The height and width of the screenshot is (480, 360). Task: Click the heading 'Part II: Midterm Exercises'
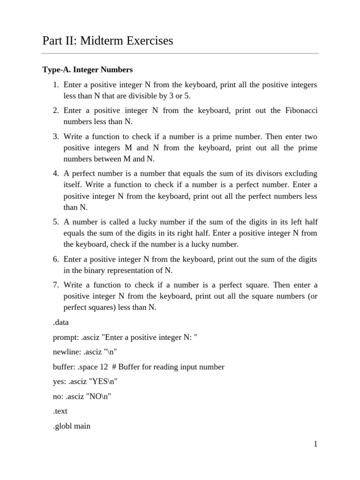click(107, 41)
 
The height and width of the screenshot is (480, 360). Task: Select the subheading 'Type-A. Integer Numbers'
click(88, 70)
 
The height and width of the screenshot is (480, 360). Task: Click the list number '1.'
click(55, 85)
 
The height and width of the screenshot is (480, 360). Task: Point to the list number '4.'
click(55, 174)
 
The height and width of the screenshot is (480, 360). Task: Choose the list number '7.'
click(55, 285)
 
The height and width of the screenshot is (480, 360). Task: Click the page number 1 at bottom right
click(316, 444)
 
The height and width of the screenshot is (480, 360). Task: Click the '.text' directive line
click(60, 411)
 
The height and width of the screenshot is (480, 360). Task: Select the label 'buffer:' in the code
click(63, 367)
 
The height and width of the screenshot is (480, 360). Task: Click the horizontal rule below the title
click(180, 53)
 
